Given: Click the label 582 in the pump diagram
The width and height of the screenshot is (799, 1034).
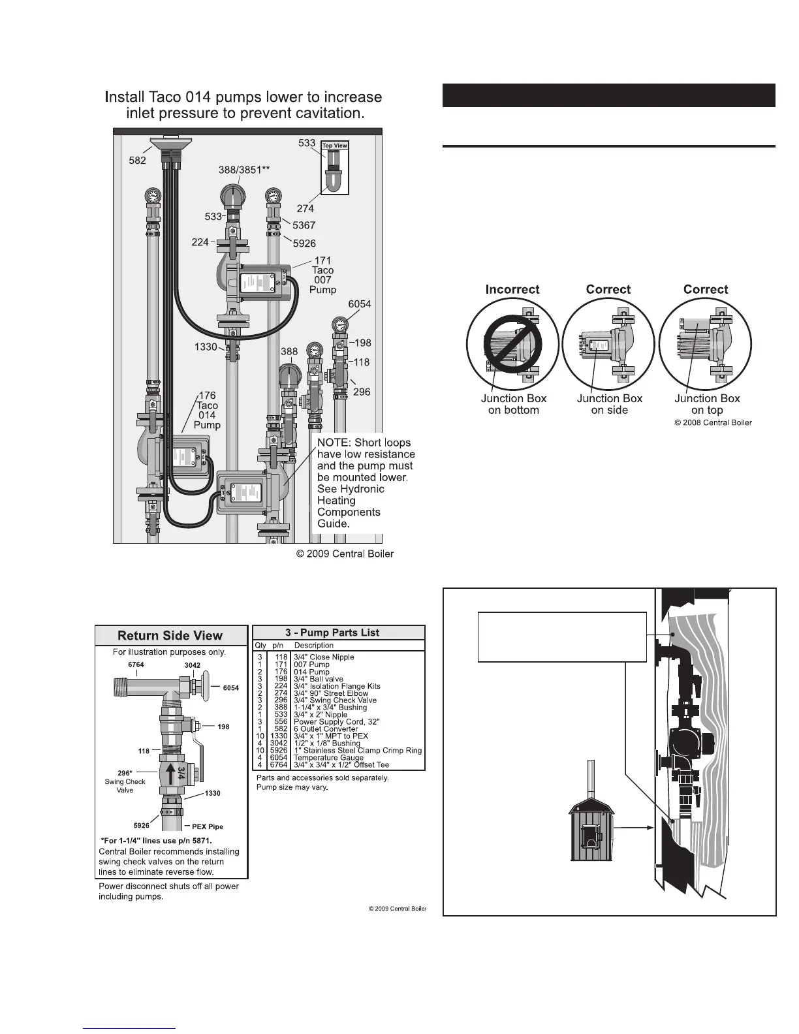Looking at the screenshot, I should [x=137, y=160].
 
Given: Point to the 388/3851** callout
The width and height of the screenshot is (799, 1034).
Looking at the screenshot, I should [x=243, y=170].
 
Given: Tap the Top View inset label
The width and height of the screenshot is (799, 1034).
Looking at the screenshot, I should [x=335, y=146].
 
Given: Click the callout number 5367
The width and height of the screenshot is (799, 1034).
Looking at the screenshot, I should [x=304, y=225].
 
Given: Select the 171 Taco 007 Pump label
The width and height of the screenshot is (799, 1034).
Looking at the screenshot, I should [x=322, y=275].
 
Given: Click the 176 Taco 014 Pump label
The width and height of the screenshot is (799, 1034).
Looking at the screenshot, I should [x=207, y=411].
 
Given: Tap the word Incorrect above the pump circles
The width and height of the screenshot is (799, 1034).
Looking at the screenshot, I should [x=512, y=289].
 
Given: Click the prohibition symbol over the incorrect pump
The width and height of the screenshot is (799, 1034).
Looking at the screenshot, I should [x=512, y=346].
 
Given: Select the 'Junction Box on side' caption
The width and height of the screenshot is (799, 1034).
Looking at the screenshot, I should [x=609, y=404].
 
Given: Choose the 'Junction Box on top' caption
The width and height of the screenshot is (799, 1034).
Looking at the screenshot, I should [x=707, y=404].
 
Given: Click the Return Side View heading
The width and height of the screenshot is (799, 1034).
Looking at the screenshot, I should [x=170, y=636].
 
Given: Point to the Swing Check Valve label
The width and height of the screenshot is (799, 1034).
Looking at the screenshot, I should [x=125, y=781].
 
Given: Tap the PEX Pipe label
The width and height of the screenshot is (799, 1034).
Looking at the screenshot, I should [x=208, y=826].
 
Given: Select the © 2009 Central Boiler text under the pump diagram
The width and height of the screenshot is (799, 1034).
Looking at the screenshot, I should [x=345, y=554].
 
